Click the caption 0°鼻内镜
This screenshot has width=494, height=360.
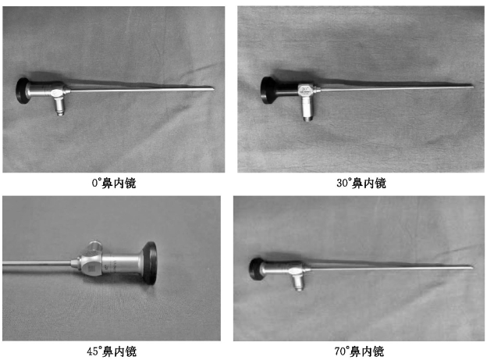tap(114, 183)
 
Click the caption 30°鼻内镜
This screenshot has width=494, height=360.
tap(361, 183)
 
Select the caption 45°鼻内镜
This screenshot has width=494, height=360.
tap(112, 351)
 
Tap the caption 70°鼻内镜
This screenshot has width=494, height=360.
tap(359, 351)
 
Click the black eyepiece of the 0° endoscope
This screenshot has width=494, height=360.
tap(22, 91)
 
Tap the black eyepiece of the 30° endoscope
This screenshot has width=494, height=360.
tap(267, 90)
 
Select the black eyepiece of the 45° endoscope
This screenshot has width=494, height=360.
tap(150, 263)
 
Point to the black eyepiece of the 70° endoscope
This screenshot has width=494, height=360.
tap(256, 269)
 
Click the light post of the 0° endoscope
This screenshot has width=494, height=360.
tap(59, 106)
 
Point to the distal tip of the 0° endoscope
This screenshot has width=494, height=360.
tap(213, 89)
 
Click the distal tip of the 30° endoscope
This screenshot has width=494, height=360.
tap(473, 87)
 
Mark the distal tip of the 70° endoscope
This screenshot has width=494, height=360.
tap(472, 268)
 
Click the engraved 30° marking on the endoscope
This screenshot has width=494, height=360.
tap(305, 89)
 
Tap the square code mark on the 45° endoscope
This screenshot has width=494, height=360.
tap(91, 269)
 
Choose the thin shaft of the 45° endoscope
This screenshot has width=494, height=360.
tap(37, 263)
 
